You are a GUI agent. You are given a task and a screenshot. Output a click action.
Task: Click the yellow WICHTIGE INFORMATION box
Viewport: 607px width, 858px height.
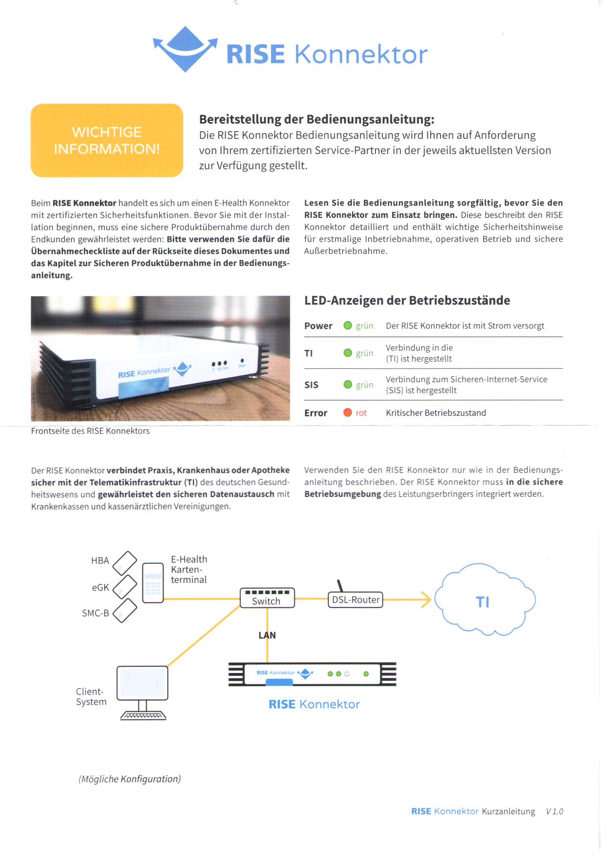pyautogui.click(x=107, y=140)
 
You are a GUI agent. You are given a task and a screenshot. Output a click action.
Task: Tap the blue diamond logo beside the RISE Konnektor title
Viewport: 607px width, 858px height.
pyautogui.click(x=185, y=49)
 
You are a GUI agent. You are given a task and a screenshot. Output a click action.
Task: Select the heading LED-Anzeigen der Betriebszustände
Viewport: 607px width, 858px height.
pyautogui.click(x=407, y=301)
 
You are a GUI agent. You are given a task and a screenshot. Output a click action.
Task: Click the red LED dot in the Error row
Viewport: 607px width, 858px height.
pyautogui.click(x=348, y=413)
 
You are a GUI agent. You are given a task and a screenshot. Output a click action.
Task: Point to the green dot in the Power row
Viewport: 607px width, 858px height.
pyautogui.click(x=348, y=325)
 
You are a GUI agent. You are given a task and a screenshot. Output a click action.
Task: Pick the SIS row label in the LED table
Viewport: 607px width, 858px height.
pyautogui.click(x=311, y=385)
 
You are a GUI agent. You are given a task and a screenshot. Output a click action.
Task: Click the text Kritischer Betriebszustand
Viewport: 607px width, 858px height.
pyautogui.click(x=436, y=413)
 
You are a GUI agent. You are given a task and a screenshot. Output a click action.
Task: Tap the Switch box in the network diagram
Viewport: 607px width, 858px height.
pyautogui.click(x=267, y=598)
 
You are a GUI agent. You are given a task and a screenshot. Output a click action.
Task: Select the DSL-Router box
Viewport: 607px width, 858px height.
pyautogui.click(x=355, y=600)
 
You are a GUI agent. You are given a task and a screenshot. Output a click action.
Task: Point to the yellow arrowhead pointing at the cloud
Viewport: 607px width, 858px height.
pyautogui.click(x=426, y=599)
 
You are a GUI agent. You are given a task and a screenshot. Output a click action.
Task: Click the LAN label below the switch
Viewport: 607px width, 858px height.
pyautogui.click(x=267, y=635)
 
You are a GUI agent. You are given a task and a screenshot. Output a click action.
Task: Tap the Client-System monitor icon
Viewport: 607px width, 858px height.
pyautogui.click(x=142, y=684)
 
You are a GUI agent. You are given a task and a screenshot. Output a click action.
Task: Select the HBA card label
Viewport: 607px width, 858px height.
pyautogui.click(x=100, y=560)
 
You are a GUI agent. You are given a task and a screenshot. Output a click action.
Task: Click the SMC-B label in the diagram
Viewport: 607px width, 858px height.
pyautogui.click(x=95, y=613)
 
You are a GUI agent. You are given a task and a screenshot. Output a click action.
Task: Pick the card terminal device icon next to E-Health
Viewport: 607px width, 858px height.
pyautogui.click(x=153, y=583)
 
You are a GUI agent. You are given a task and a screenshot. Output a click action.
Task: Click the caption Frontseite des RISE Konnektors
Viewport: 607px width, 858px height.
pyautogui.click(x=90, y=431)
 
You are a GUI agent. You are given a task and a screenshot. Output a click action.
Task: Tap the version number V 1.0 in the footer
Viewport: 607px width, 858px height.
pyautogui.click(x=554, y=812)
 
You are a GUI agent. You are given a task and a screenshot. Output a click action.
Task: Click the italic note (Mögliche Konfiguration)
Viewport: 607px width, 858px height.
pyautogui.click(x=130, y=779)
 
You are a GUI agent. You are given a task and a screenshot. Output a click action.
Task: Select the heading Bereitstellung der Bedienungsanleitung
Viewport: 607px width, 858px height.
pyautogui.click(x=317, y=119)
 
